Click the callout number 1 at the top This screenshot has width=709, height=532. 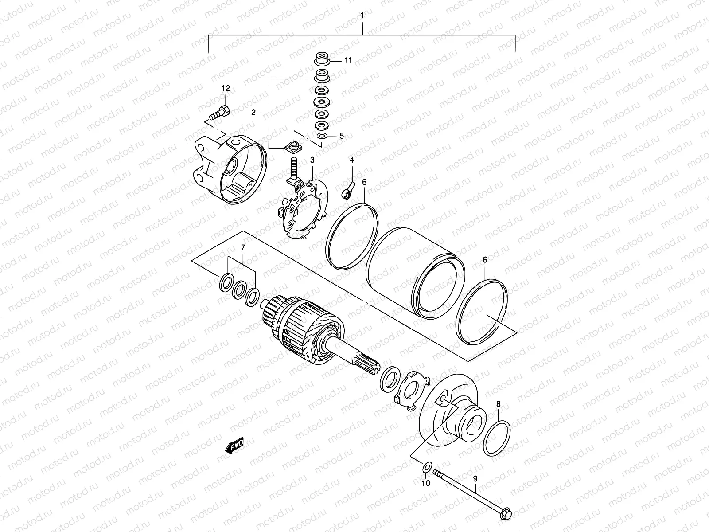coord(362,16)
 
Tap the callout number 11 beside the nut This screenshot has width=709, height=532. coord(348,60)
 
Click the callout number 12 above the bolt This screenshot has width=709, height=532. coord(226,89)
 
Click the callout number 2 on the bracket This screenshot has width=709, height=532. coord(253,113)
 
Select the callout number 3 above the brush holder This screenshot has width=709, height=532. coord(312,160)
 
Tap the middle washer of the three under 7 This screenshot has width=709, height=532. coord(240,290)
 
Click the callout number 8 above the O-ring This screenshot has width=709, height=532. coord(498,404)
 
